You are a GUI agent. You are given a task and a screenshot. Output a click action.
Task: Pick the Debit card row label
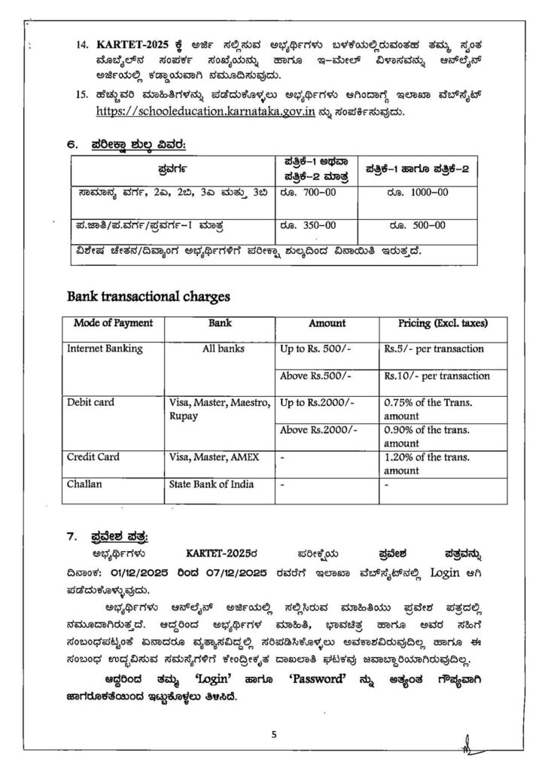(90, 402)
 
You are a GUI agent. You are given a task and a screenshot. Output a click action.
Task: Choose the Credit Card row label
(93, 457)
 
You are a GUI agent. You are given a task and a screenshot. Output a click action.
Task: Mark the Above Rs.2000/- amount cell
(318, 430)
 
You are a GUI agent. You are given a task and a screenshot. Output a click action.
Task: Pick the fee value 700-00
(309, 193)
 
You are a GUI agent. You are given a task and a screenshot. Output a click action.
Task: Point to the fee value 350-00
(309, 224)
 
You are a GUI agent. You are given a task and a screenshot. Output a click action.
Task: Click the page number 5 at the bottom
(274, 736)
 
